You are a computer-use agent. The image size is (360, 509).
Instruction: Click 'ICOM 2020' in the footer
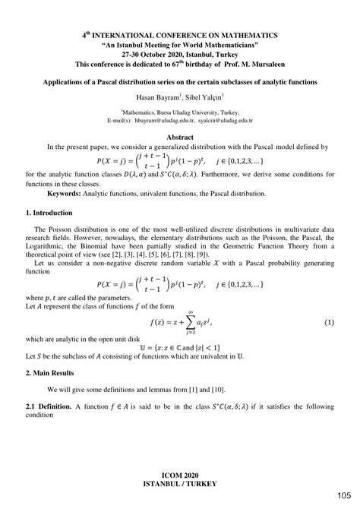tap(180, 475)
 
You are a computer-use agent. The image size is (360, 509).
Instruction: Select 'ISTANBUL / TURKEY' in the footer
tap(180, 484)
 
